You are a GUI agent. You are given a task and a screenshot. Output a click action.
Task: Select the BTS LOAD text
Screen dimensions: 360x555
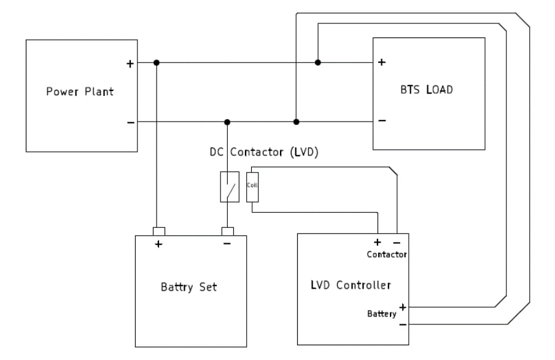(425, 90)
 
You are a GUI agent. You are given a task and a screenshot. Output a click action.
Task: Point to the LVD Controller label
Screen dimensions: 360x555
(351, 285)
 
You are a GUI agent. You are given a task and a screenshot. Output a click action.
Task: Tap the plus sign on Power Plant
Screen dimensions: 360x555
(130, 63)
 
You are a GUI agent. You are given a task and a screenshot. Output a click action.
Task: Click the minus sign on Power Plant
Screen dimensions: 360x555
(130, 122)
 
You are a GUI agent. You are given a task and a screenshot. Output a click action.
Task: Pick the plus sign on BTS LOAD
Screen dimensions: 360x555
(381, 63)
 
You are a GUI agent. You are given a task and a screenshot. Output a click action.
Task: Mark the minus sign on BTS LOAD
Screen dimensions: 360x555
(382, 121)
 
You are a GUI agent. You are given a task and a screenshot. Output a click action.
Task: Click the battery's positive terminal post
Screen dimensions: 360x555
(158, 232)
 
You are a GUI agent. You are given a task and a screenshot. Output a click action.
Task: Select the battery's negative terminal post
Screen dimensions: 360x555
(227, 232)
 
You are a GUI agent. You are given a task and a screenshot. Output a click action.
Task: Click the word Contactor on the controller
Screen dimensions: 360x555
(387, 253)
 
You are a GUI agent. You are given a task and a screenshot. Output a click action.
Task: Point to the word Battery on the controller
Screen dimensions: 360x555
(381, 314)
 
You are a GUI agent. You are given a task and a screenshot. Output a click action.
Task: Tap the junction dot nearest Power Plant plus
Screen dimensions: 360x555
(157, 63)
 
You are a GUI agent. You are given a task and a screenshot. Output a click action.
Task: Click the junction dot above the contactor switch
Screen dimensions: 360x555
(227, 122)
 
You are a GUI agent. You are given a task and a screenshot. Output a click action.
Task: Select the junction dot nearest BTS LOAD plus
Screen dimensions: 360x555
(317, 63)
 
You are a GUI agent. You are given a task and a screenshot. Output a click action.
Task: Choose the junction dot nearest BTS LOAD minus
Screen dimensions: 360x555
(296, 122)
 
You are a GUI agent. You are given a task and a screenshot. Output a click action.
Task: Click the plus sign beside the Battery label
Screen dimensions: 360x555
(403, 306)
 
